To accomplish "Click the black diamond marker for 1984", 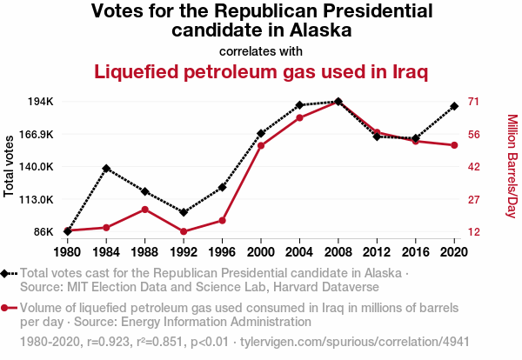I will [106, 168].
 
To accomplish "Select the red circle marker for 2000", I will [261, 145].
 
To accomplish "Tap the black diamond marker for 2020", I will [454, 106].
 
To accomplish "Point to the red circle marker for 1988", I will [144, 210].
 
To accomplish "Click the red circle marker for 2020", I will [454, 145].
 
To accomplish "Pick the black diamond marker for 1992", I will [184, 212].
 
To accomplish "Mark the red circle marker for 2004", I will [299, 117].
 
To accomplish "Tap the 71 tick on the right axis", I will [473, 102].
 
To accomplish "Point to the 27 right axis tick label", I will [473, 200].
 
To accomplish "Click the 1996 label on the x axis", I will [222, 253].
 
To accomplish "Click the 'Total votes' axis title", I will [10, 165].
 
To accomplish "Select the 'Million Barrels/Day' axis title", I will [512, 165].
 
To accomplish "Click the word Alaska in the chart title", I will [312, 30].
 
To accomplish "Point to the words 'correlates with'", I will [261, 50].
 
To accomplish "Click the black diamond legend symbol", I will [7, 273].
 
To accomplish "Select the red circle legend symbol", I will [7, 308].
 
